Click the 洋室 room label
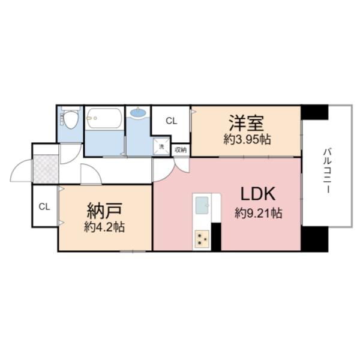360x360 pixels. (246, 124)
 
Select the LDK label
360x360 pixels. (258, 194)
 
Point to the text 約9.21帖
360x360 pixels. (259, 212)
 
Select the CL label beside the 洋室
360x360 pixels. (172, 121)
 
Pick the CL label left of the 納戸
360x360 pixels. (44, 207)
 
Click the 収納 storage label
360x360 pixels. (181, 149)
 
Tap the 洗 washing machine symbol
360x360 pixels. (161, 145)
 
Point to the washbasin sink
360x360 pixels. (137, 112)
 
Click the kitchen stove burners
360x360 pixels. (201, 239)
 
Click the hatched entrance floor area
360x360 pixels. (45, 170)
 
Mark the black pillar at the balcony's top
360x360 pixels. (314, 112)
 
